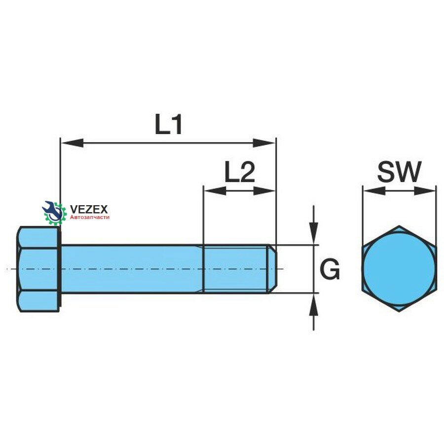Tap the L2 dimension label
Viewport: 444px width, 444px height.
(x=240, y=172)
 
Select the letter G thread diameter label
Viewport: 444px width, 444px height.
(x=330, y=269)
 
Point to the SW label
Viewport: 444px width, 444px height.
(x=399, y=172)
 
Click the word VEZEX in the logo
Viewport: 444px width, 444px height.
(x=89, y=209)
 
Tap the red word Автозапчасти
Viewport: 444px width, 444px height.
(x=89, y=217)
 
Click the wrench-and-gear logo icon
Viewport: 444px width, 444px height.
(x=54, y=212)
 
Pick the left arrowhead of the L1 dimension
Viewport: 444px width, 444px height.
(x=72, y=143)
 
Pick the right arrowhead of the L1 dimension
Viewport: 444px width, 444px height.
(x=264, y=143)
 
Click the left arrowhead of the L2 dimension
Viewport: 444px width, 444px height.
(x=215, y=191)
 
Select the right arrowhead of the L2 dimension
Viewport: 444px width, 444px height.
(x=264, y=191)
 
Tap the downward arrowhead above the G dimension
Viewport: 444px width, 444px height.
(x=313, y=233)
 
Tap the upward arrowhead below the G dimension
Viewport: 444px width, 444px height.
(x=313, y=304)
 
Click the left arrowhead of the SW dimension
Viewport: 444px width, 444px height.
(x=374, y=191)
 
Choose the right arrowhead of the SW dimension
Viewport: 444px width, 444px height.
(x=424, y=191)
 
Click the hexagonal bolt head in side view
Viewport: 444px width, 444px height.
(x=38, y=269)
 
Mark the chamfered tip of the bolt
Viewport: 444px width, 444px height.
(x=272, y=269)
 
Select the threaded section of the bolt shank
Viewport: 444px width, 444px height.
(x=236, y=269)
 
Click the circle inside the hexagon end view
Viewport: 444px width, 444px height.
(x=399, y=269)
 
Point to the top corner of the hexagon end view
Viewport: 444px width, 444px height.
(x=399, y=226)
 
